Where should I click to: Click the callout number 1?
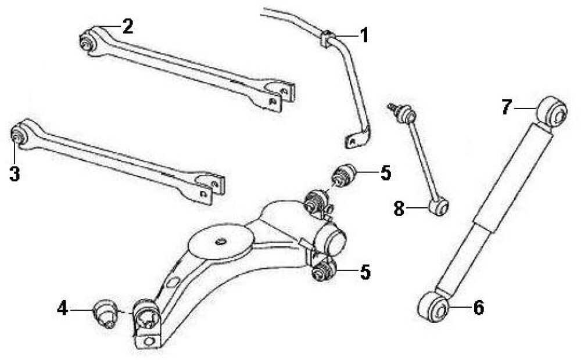point(365,35)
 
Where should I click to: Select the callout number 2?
point(128,26)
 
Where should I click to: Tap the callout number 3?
point(15,174)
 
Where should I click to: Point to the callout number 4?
point(62,308)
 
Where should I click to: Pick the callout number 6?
point(479,308)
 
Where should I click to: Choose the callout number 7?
point(507,107)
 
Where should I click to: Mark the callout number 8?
point(399,208)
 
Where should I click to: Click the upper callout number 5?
point(386,172)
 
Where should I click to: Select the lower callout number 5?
point(365,272)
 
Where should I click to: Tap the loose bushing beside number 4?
point(104,313)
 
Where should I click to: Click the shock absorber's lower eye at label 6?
point(433,307)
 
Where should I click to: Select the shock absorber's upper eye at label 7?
point(553,111)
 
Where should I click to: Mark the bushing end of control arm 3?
point(18,136)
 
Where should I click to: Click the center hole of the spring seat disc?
point(221,242)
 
